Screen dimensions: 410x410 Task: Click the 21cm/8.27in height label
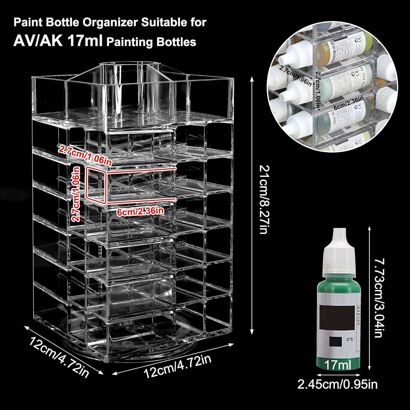263,199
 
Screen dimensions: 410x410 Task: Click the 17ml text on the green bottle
338,365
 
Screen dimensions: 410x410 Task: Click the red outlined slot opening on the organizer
96,185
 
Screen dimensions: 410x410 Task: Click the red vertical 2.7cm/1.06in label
76,194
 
